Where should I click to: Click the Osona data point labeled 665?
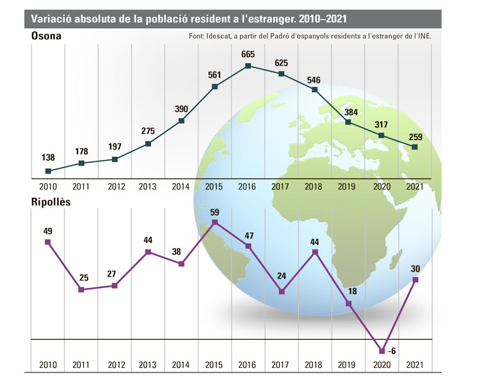248,66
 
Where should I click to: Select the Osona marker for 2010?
49,171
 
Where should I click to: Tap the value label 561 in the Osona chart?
214,74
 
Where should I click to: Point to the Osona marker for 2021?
415,147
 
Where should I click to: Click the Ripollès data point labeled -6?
382,351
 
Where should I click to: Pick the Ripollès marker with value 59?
215,222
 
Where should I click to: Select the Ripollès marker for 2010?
48,242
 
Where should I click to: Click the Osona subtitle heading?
47,36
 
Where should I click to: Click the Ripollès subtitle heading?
51,202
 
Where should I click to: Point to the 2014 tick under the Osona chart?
182,186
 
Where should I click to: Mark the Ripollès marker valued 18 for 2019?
349,303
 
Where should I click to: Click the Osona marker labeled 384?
348,122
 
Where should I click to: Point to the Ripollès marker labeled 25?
81,290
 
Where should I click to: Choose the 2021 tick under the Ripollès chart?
415,364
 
